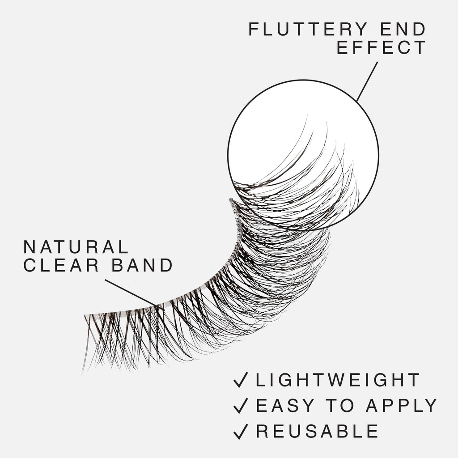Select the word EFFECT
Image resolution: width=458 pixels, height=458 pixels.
[381, 47]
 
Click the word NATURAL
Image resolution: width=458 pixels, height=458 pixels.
[76, 247]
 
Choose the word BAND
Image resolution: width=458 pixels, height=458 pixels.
[142, 265]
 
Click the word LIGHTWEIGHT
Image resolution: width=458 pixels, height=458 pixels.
[338, 380]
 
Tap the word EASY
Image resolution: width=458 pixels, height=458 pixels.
[285, 405]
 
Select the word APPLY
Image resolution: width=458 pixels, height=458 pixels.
[401, 405]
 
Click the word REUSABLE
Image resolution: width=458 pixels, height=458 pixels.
[317, 431]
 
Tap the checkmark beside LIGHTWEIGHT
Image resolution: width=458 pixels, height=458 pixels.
[240, 380]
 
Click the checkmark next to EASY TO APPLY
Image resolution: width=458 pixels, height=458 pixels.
[240, 405]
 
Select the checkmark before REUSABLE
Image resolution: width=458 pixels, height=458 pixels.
[240, 431]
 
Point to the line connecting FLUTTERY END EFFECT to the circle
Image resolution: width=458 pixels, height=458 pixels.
[367, 81]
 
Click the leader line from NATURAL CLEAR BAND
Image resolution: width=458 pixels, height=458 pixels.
[134, 294]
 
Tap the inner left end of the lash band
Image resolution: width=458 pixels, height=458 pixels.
[85, 315]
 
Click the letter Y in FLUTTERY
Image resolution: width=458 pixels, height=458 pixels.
[361, 29]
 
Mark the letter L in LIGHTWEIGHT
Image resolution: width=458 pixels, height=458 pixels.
[261, 380]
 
